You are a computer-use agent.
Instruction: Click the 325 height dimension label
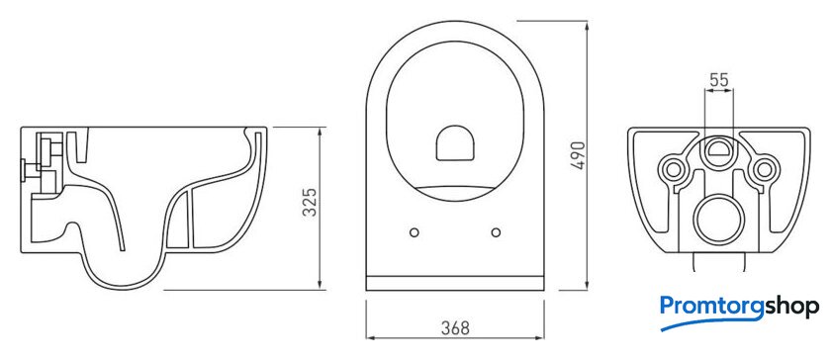[x=310, y=202]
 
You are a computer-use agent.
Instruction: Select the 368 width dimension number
[x=455, y=328]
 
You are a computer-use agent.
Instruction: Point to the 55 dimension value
[x=718, y=80]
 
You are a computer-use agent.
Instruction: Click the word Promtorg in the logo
[x=711, y=307]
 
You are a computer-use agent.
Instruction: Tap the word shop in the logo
[x=791, y=307]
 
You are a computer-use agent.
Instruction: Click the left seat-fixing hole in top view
[x=415, y=232]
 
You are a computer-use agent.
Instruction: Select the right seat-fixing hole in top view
[x=496, y=232]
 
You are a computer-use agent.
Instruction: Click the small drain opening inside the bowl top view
[x=455, y=143]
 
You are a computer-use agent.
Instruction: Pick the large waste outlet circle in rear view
[x=719, y=220]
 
